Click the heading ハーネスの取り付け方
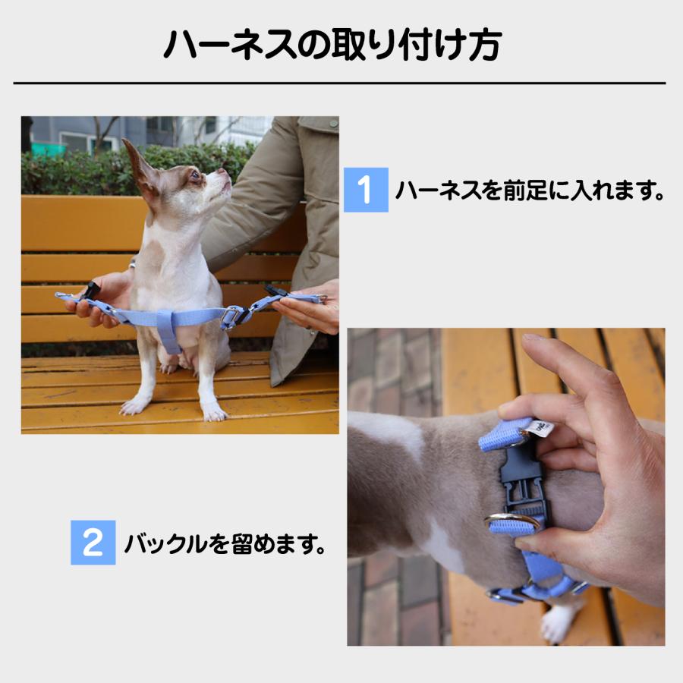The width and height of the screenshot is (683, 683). (332, 45)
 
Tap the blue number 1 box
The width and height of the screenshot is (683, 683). (366, 190)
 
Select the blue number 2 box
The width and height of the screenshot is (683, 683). (93, 542)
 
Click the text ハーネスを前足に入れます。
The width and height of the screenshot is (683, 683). (530, 190)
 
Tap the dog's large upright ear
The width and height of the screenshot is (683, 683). (140, 167)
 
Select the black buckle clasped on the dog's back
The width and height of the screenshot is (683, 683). (520, 478)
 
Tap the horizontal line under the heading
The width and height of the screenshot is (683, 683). (339, 83)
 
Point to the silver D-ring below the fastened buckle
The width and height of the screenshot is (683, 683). (511, 522)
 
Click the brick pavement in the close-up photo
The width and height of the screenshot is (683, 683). (387, 600)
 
